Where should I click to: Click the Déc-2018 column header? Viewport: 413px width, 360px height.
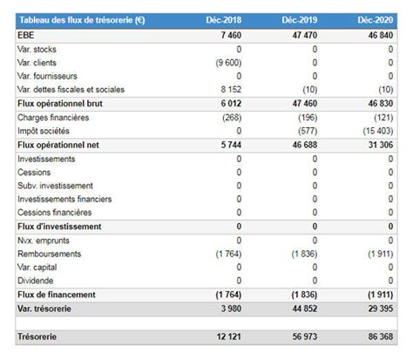(x=224, y=20)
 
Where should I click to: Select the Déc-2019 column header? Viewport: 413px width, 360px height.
(x=300, y=20)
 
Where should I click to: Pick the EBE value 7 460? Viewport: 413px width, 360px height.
(x=230, y=35)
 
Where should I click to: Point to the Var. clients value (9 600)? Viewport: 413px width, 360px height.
(x=227, y=62)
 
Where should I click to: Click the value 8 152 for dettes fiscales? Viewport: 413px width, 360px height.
(x=230, y=89)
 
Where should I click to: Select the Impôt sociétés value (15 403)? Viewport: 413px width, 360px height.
(x=375, y=131)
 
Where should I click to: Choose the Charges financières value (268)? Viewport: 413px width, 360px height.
(x=230, y=117)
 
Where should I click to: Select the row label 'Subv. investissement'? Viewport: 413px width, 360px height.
(x=56, y=186)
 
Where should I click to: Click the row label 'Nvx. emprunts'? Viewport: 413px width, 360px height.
(x=44, y=240)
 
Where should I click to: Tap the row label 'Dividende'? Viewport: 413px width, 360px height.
(x=36, y=281)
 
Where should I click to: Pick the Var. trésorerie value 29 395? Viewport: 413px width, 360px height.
(x=376, y=309)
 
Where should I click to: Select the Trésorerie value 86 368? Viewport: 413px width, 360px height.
(x=376, y=336)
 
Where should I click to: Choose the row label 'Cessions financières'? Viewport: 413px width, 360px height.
(x=54, y=213)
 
